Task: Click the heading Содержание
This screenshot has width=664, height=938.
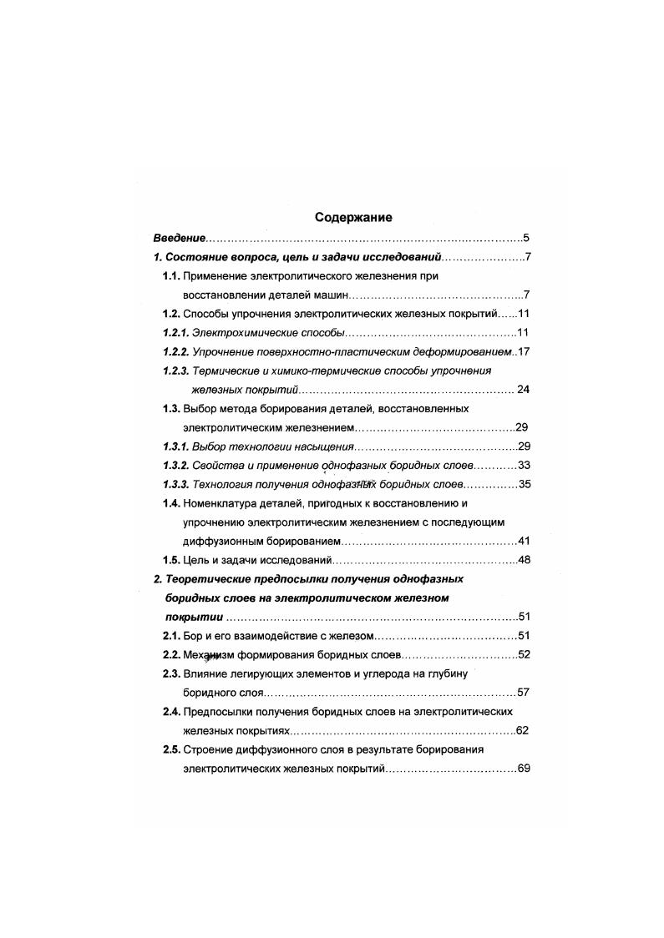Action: (x=353, y=217)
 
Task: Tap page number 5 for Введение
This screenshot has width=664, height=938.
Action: (x=526, y=238)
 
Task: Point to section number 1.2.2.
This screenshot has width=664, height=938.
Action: (x=176, y=351)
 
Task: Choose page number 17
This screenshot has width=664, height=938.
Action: (x=524, y=351)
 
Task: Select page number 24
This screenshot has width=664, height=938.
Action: (x=524, y=389)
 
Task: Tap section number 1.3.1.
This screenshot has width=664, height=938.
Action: (x=176, y=446)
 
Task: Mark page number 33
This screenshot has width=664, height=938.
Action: (x=524, y=465)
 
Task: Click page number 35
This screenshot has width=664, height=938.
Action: (x=524, y=484)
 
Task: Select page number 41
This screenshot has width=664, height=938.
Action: (x=524, y=540)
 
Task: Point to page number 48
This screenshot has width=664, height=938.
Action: (x=524, y=559)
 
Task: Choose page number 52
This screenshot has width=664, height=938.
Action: (x=524, y=654)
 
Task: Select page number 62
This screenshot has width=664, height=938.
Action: (x=524, y=730)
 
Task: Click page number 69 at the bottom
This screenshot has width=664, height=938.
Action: (x=524, y=769)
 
